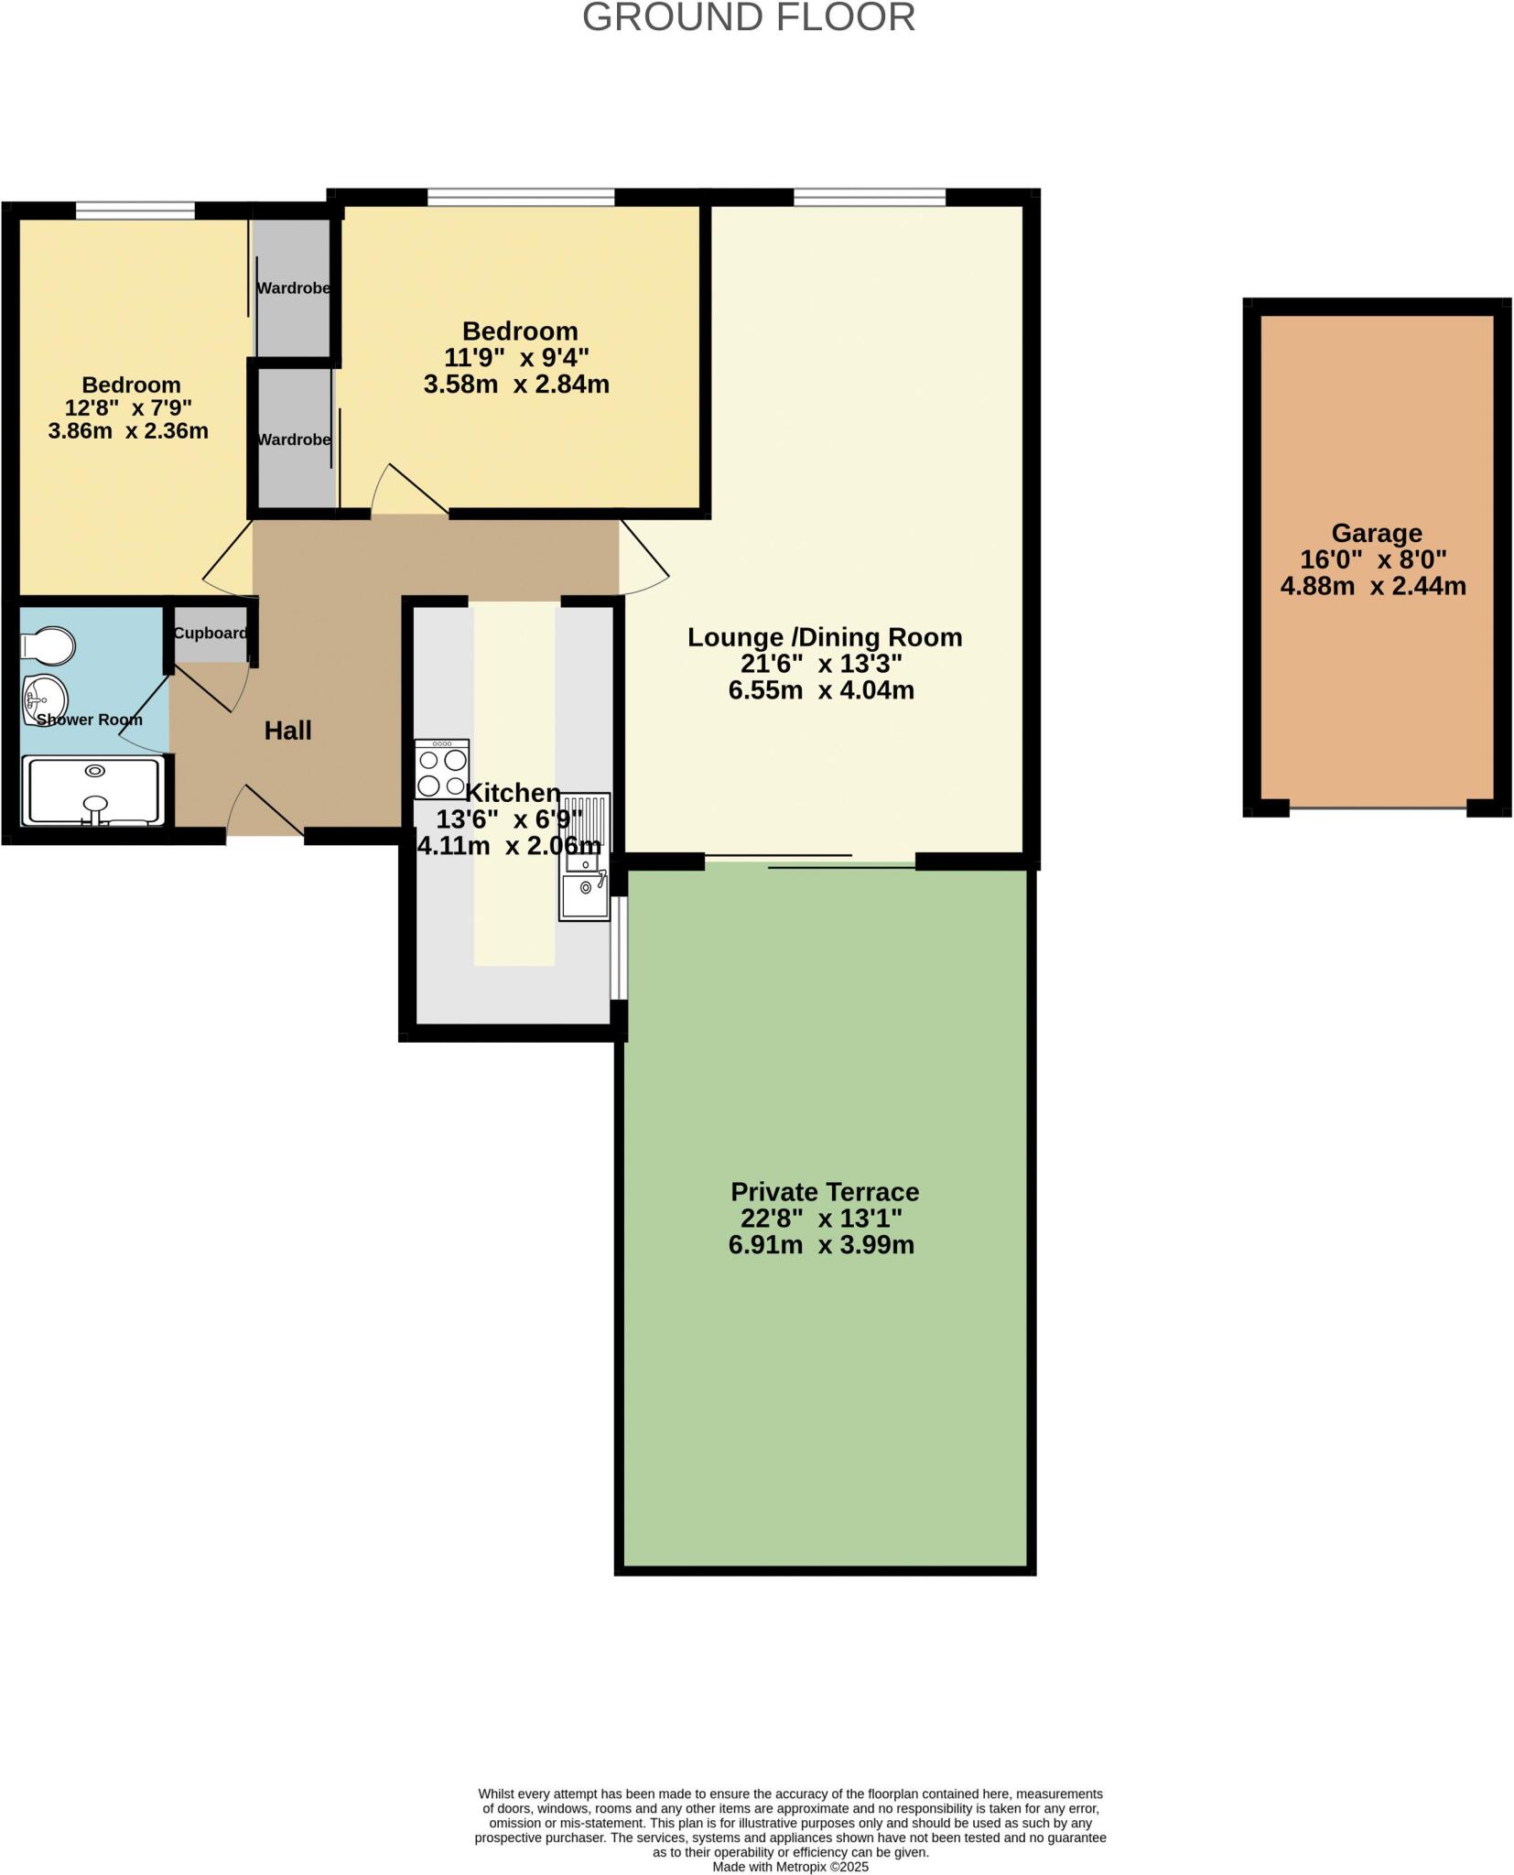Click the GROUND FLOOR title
coord(748,18)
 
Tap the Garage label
coord(1376,533)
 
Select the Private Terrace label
coord(824,1192)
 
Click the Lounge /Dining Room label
coord(824,637)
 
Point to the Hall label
coord(287,731)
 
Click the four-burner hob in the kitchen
coord(441,770)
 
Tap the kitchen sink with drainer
coord(584,857)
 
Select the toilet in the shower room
coord(48,646)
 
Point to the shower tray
coord(93,790)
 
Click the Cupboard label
coord(211,634)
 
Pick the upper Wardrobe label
coord(293,288)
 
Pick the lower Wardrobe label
coord(293,440)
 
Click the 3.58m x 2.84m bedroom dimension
coord(516,385)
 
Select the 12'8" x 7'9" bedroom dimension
coord(127,407)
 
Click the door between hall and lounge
coord(643,555)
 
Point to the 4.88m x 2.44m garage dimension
coord(1372,586)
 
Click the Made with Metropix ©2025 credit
coord(790,1867)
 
